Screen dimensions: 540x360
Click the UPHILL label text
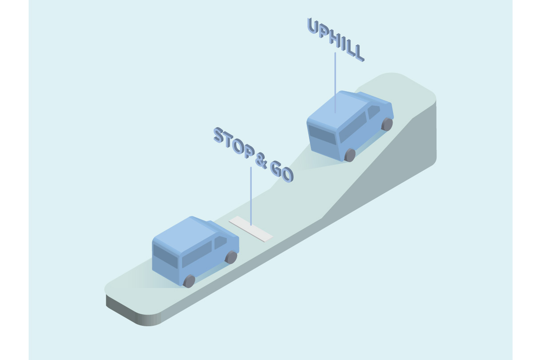336,39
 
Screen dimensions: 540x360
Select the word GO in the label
282,171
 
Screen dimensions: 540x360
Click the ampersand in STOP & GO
261,161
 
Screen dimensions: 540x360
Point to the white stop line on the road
251,229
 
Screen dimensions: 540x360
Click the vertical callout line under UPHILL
335,83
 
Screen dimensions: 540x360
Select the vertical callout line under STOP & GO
251,196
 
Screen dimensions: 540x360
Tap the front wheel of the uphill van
387,124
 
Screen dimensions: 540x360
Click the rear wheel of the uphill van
350,155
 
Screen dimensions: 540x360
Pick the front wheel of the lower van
231,257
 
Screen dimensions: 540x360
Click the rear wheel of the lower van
189,281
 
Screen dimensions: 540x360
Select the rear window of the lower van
165,256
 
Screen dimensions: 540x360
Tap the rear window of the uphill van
322,135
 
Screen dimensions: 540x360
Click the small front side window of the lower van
220,242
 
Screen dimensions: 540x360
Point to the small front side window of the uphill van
373,112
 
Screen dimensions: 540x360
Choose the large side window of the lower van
197,254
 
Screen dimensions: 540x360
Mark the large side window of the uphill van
353,127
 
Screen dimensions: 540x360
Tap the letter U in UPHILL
313,26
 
